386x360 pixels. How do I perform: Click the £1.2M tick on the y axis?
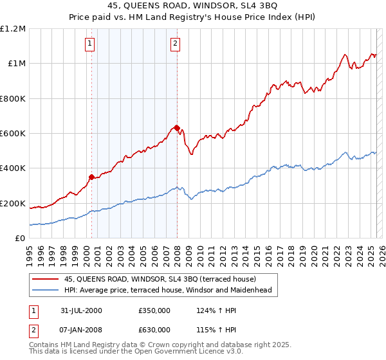pyautogui.click(x=13, y=29)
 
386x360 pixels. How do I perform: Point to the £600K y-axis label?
pyautogui.click(x=13, y=134)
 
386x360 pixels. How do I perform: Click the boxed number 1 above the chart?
pyautogui.click(x=89, y=44)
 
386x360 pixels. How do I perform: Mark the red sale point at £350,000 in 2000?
pyautogui.click(x=92, y=177)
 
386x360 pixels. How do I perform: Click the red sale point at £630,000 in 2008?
pyautogui.click(x=177, y=128)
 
